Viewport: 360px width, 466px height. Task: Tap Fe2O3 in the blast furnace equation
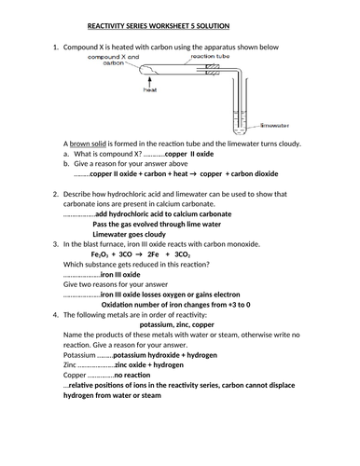click(x=101, y=254)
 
